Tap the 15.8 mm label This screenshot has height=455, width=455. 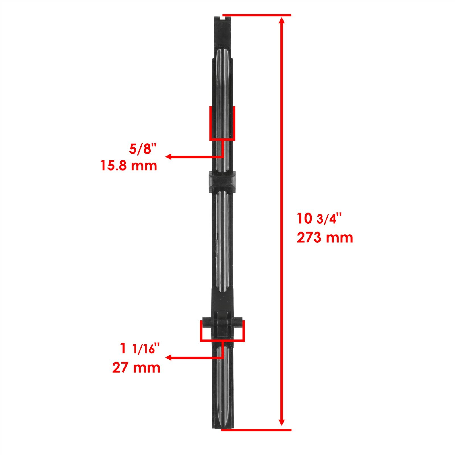129,166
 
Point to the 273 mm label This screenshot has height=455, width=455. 325,237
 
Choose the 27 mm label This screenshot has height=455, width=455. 136,367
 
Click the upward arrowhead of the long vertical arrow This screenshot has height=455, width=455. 282,20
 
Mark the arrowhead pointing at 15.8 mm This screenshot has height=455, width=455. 168,157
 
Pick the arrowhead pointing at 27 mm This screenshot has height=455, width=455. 168,357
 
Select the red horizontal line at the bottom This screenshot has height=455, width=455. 256,438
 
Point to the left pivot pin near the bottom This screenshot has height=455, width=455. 207,323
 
